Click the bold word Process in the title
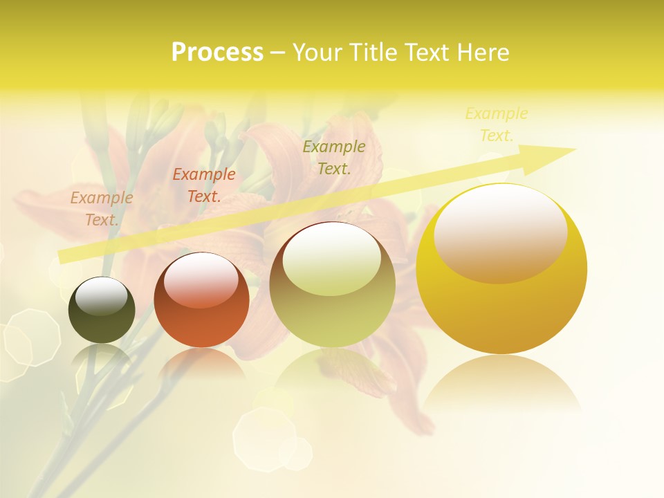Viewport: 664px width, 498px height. point(217,53)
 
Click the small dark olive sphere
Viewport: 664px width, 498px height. point(102,310)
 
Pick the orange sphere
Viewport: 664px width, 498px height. point(201,300)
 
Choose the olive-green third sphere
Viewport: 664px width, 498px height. point(332,285)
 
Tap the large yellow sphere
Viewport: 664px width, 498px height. point(501,268)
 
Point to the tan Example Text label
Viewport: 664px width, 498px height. point(102,209)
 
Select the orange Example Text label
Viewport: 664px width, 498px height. point(204,185)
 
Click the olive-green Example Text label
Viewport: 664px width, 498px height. point(334,157)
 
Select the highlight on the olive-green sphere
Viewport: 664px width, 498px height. point(332,259)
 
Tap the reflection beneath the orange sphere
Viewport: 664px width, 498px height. point(201,362)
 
